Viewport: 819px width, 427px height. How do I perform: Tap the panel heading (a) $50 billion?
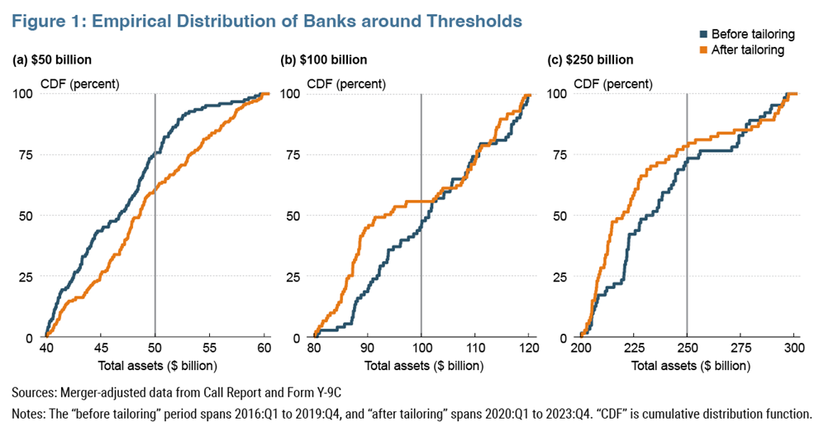pyautogui.click(x=52, y=60)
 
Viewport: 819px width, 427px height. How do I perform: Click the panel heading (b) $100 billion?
pyautogui.click(x=324, y=60)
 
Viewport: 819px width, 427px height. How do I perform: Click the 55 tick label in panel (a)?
pyautogui.click(x=210, y=349)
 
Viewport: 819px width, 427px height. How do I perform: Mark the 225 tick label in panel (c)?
pyautogui.click(x=634, y=349)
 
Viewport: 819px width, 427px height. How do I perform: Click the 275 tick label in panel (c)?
pyautogui.click(x=741, y=349)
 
